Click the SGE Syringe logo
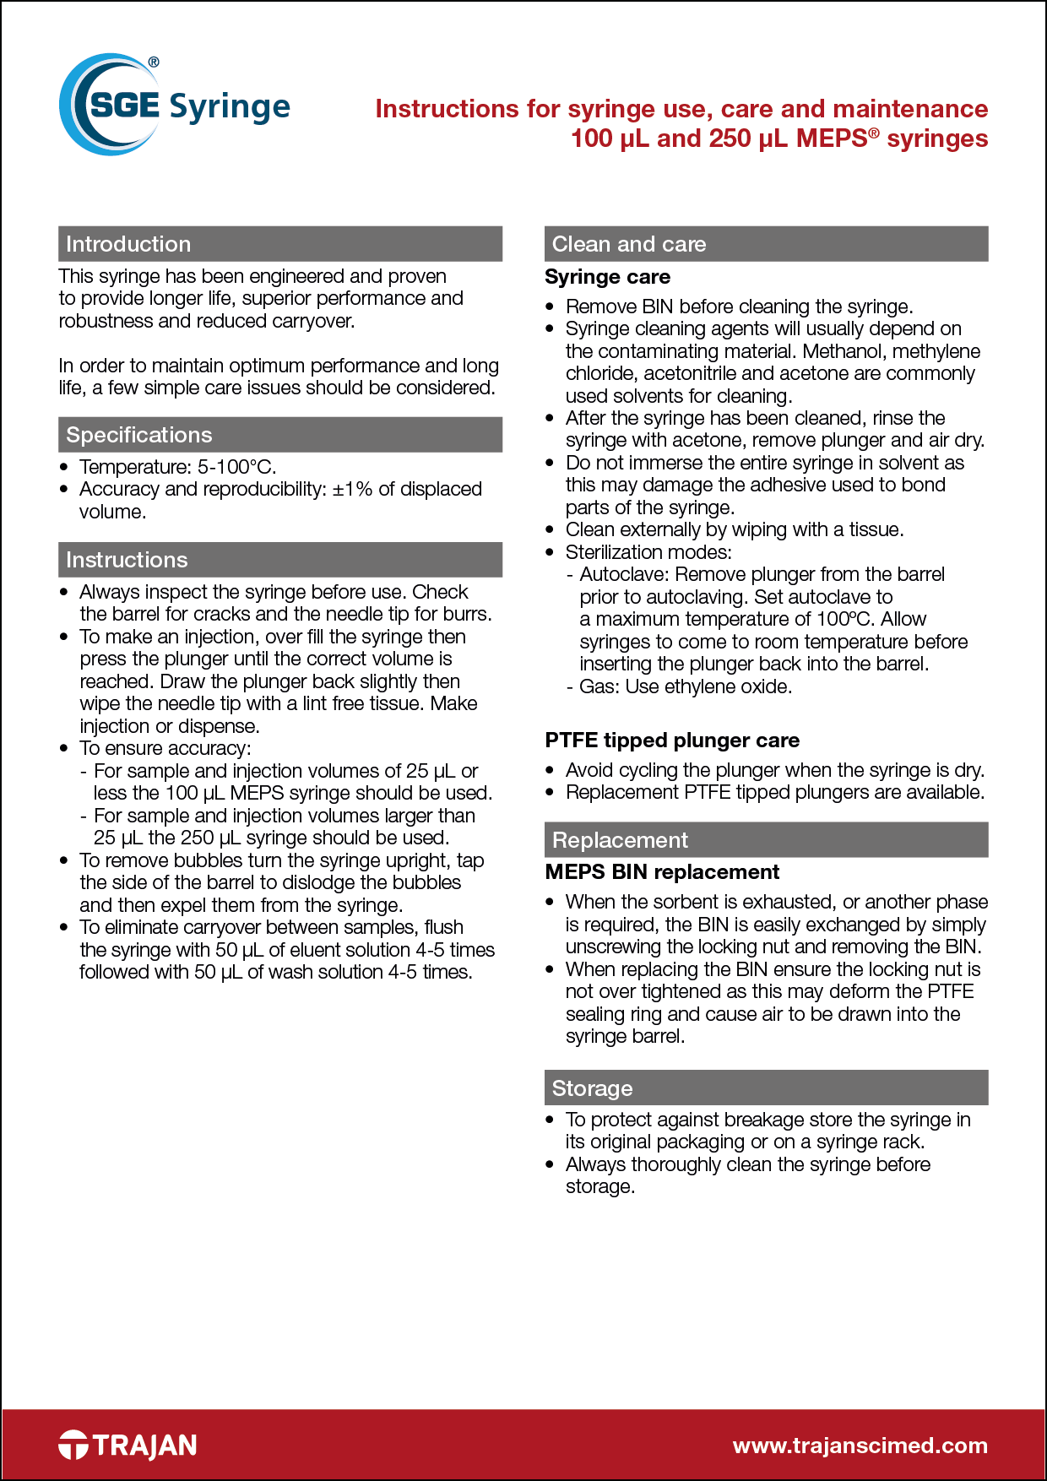pyautogui.click(x=175, y=106)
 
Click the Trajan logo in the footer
pyautogui.click(x=127, y=1445)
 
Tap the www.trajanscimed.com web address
pyautogui.click(x=860, y=1445)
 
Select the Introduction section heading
pyautogui.click(x=128, y=244)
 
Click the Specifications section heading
pyautogui.click(x=139, y=435)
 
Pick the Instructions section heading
pyautogui.click(x=127, y=560)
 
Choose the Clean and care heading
pyautogui.click(x=629, y=244)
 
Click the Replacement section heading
pyautogui.click(x=620, y=840)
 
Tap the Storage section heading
pyautogui.click(x=592, y=1088)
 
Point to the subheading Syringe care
pyautogui.click(x=607, y=277)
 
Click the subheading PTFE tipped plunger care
pyautogui.click(x=672, y=740)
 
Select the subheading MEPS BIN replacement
pyautogui.click(x=662, y=872)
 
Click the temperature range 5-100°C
pyautogui.click(x=236, y=467)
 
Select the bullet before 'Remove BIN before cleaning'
pyautogui.click(x=551, y=307)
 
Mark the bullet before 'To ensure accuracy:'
pyautogui.click(x=64, y=748)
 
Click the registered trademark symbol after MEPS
pyautogui.click(x=875, y=132)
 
